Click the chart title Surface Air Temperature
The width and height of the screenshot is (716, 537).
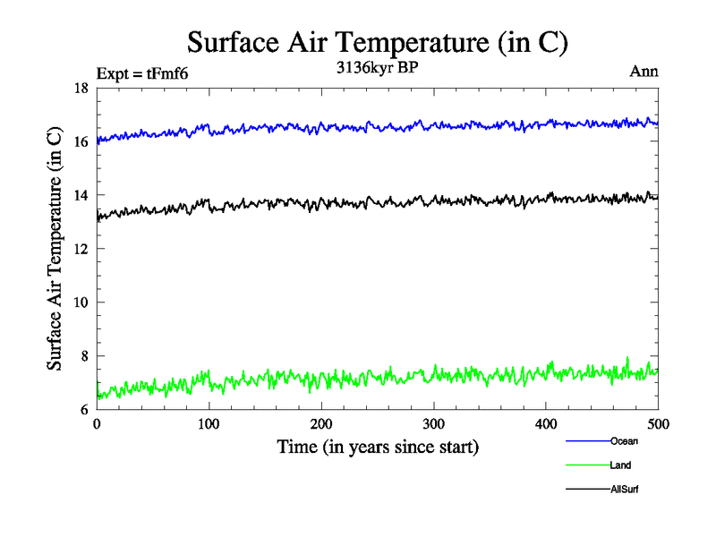pos(377,41)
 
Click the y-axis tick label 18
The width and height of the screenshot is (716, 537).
pos(81,88)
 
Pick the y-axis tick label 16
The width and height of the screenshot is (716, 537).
pos(81,141)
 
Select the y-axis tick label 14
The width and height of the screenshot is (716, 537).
pos(81,195)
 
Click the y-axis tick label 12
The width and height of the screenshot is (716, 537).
pos(81,249)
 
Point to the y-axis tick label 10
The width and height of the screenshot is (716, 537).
pos(81,303)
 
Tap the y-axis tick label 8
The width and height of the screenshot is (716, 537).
pos(83,356)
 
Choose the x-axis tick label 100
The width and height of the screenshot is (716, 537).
pos(209,424)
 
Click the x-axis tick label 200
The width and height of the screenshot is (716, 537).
pos(321,424)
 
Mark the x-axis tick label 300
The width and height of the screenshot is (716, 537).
pos(434,424)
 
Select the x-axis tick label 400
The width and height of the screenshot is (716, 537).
pos(546,424)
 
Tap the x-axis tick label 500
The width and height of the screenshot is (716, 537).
pos(658,424)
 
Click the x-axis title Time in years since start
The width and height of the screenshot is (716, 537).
pos(377,447)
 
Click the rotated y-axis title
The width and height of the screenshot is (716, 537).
pos(55,249)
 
